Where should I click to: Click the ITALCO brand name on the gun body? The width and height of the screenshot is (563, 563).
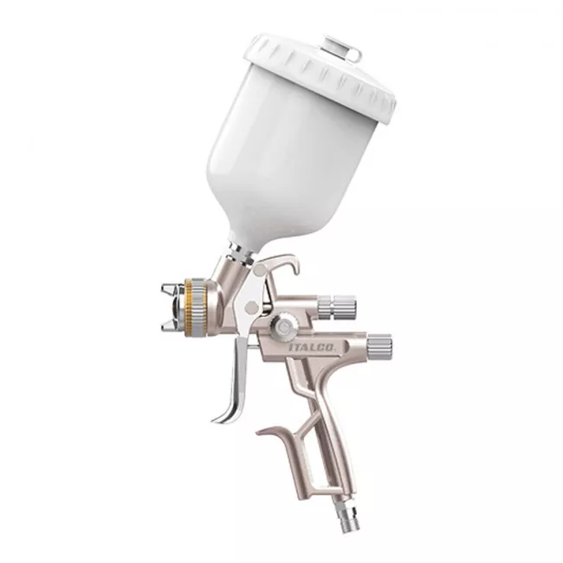pos(312,346)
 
